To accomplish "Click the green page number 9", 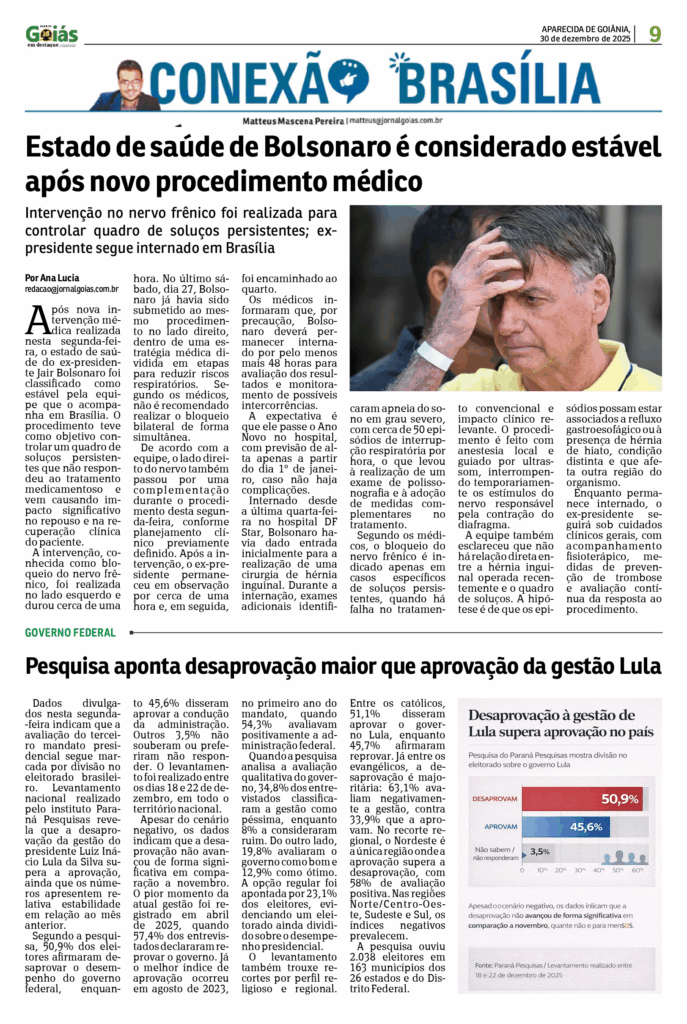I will coord(655,34).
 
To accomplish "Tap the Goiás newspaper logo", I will coord(52,35).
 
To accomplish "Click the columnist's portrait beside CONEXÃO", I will coord(127,85).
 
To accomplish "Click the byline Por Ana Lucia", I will coord(52,277).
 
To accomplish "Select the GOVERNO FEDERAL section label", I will coord(70,633).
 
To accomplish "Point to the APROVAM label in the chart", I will coord(500,827).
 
